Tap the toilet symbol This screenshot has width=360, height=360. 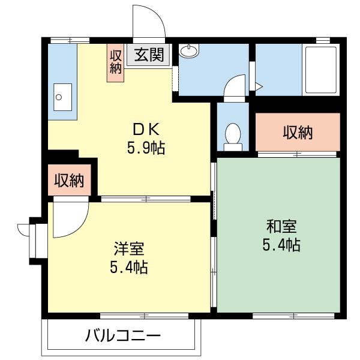pos(232,136)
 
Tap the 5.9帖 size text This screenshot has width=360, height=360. pos(146,148)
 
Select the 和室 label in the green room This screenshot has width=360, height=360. pos(281,227)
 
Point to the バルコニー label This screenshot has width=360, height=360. pos(122,335)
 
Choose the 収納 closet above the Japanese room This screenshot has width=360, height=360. pos(298,133)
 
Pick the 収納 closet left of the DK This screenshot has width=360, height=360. pos(69,180)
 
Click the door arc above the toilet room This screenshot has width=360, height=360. pos(235,85)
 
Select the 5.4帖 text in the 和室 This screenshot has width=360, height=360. pos(281,245)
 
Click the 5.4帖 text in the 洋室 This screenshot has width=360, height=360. pos(128,268)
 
